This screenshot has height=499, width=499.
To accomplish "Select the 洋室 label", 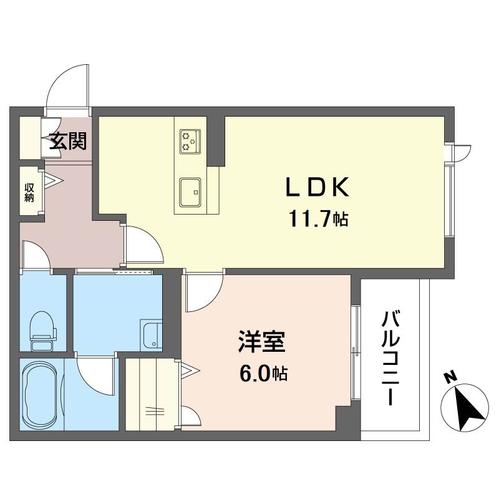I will click(x=261, y=343).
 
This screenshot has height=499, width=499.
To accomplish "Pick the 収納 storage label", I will click(x=29, y=192).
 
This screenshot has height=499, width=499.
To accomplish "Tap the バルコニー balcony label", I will click(x=391, y=359).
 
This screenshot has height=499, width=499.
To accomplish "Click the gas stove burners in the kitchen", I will click(x=190, y=141).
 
